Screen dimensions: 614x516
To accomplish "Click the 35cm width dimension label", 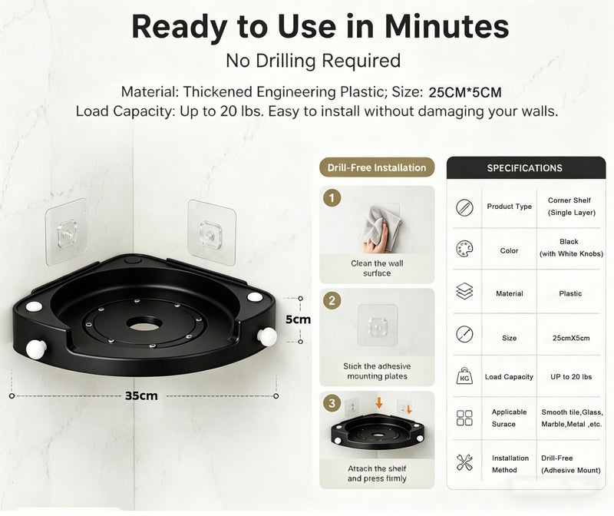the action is [141, 395].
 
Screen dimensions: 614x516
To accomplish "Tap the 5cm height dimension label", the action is [298, 319].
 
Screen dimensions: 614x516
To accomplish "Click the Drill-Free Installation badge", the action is [377, 167].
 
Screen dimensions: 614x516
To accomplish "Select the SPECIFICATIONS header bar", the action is [526, 168].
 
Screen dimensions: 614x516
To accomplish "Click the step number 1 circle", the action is [332, 198].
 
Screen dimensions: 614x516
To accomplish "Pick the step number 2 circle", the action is [332, 301].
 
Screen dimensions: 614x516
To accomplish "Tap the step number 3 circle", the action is [332, 403].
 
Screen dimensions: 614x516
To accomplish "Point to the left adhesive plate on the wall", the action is [67, 232].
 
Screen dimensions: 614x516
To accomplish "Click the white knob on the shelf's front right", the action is [267, 336].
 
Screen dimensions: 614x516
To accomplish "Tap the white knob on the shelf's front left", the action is [36, 349].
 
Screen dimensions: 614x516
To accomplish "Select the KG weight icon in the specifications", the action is [464, 376].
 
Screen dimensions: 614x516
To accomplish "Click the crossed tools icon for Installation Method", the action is [464, 462].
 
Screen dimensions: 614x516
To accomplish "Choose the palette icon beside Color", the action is [464, 249].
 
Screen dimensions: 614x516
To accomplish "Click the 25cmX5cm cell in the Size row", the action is [571, 338].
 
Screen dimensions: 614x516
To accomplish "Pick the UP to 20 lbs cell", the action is [571, 377].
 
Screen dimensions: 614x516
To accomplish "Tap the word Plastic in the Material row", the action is [570, 293].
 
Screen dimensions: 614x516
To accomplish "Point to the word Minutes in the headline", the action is [447, 27].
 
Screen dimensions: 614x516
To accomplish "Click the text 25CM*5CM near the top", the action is [465, 92].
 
